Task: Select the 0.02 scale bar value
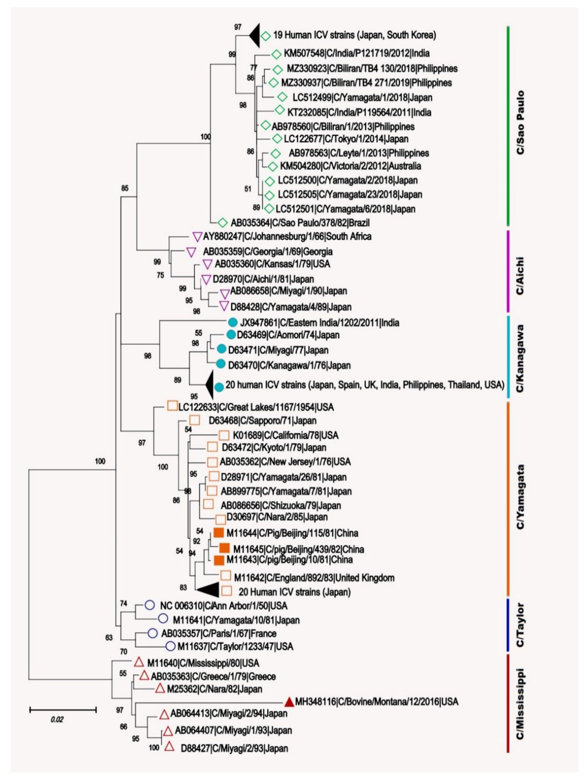[x=57, y=719]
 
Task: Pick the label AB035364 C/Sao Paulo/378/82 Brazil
[x=300, y=223]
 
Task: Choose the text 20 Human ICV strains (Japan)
[x=294, y=592]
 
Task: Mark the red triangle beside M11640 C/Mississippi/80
[x=139, y=662]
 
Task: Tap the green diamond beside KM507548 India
[x=276, y=54]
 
